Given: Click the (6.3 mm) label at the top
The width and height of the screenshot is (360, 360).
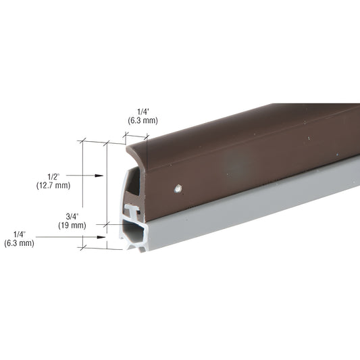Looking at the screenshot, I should tap(142, 121).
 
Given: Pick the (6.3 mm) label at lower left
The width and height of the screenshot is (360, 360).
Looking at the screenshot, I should tap(19, 243).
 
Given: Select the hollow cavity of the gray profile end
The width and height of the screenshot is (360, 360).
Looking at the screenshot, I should tap(134, 232).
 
